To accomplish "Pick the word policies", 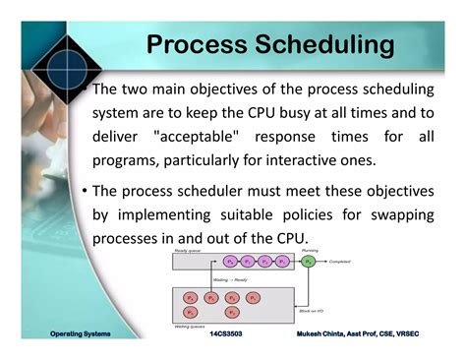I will [x=315, y=215].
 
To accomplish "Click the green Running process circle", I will [x=308, y=262].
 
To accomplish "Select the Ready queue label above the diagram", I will [x=189, y=251].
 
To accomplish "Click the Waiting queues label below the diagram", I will [x=190, y=326].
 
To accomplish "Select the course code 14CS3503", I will [x=228, y=335].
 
